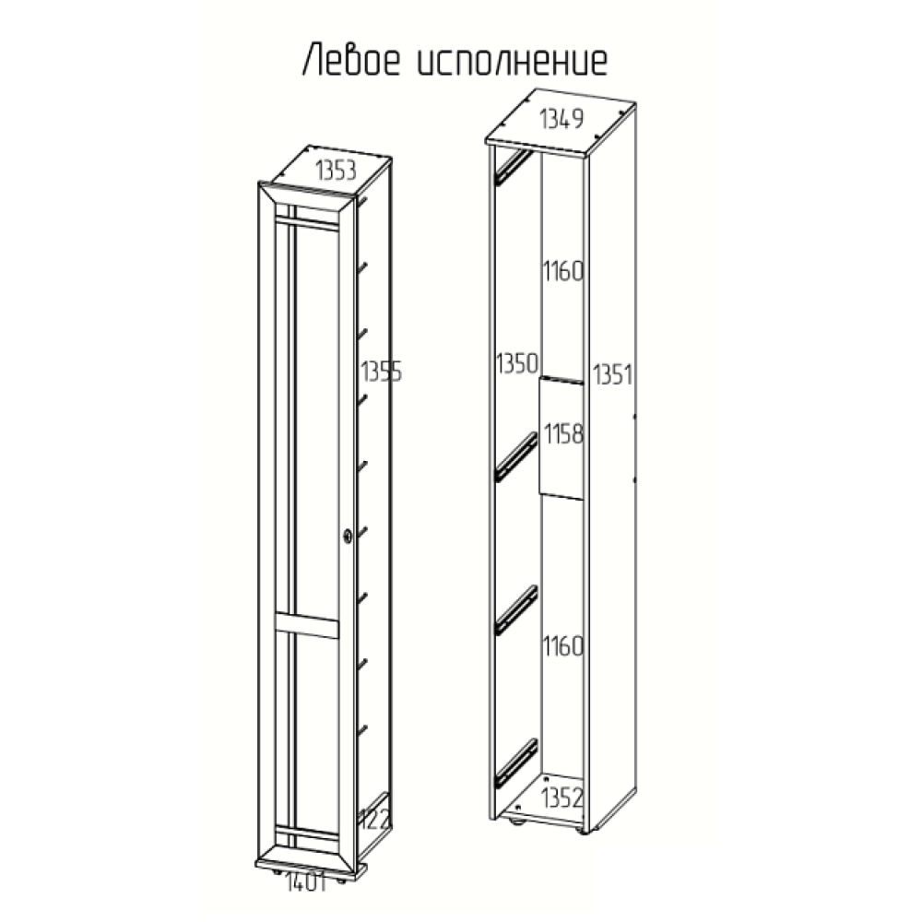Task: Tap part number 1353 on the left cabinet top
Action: [337, 171]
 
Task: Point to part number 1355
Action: [381, 372]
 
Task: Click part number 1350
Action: [515, 362]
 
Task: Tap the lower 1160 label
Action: [562, 647]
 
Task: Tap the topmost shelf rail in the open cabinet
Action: [513, 167]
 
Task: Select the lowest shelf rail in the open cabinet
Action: [514, 762]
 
